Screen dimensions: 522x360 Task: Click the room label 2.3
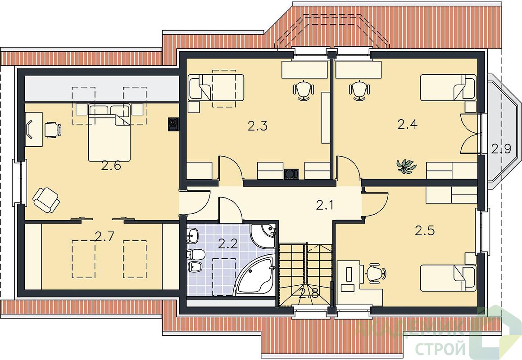click(x=258, y=126)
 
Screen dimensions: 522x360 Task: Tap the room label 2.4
click(x=408, y=124)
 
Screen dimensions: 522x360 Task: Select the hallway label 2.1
click(x=325, y=206)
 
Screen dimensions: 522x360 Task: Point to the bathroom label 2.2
click(x=228, y=244)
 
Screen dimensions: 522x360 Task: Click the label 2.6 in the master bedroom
click(x=111, y=165)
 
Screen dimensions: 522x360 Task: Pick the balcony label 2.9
click(x=501, y=148)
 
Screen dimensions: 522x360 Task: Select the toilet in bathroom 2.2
click(x=196, y=255)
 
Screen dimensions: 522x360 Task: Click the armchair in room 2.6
click(x=46, y=199)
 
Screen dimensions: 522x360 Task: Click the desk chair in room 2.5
click(x=376, y=274)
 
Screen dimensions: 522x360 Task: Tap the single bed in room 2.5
click(x=448, y=277)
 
